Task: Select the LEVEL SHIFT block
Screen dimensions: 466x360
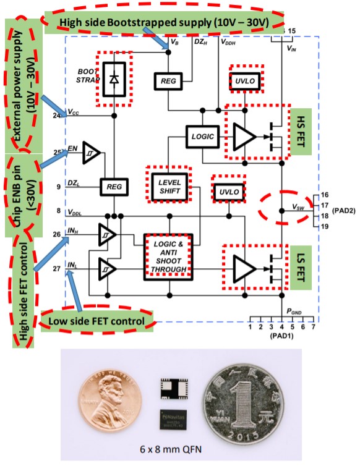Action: point(165,187)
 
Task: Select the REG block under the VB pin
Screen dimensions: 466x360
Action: point(167,81)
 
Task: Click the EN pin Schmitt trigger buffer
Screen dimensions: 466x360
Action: point(91,157)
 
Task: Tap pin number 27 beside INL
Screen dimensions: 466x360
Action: point(58,269)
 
